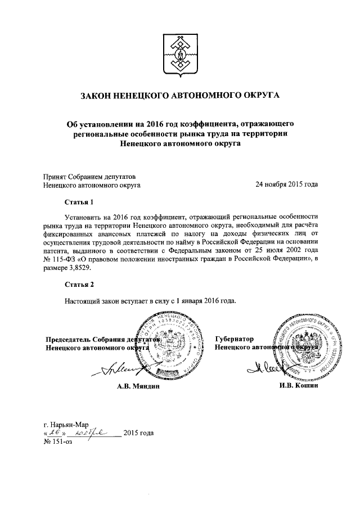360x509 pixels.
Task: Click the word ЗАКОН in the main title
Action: click(99, 96)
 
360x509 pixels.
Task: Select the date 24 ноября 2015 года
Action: click(286, 184)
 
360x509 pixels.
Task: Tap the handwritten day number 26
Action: click(55, 433)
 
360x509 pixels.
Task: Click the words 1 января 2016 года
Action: click(203, 300)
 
